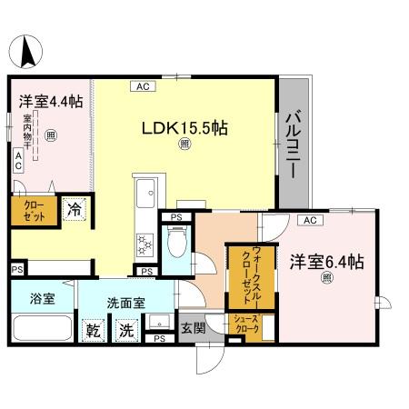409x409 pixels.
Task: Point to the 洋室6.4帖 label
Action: click(x=326, y=262)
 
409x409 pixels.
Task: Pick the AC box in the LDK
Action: click(x=144, y=87)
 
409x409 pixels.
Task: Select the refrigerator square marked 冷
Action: click(x=76, y=211)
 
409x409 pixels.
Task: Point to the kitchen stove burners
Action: click(x=145, y=244)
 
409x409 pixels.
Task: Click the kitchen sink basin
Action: click(x=145, y=193)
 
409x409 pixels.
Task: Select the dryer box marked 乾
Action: click(x=93, y=329)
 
